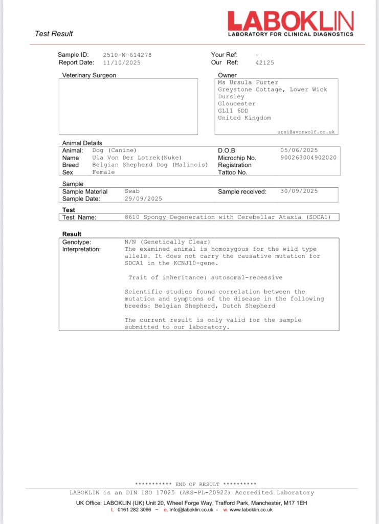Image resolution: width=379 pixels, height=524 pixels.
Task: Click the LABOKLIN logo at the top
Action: click(290, 21)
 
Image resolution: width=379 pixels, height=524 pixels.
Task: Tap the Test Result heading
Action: click(54, 34)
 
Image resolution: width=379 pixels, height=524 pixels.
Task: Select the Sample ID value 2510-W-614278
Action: click(127, 55)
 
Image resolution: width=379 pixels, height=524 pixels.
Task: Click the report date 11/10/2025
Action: click(122, 62)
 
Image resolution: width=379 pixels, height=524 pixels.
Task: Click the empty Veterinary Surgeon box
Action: click(128, 106)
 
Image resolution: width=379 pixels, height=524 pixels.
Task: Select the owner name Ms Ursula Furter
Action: click(248, 82)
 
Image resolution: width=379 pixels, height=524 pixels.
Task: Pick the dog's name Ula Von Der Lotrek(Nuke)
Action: click(137, 158)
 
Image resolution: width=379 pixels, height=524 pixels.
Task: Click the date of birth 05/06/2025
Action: click(299, 150)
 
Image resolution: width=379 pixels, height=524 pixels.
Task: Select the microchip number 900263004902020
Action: click(308, 158)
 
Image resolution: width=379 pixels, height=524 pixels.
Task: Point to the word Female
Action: click(103, 172)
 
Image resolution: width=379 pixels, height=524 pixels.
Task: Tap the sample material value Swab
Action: click(132, 191)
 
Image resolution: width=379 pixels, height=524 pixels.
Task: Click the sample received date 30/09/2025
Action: click(299, 191)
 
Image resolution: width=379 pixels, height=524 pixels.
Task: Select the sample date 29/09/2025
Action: click(143, 199)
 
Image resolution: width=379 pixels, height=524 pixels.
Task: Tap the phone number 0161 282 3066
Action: click(134, 510)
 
